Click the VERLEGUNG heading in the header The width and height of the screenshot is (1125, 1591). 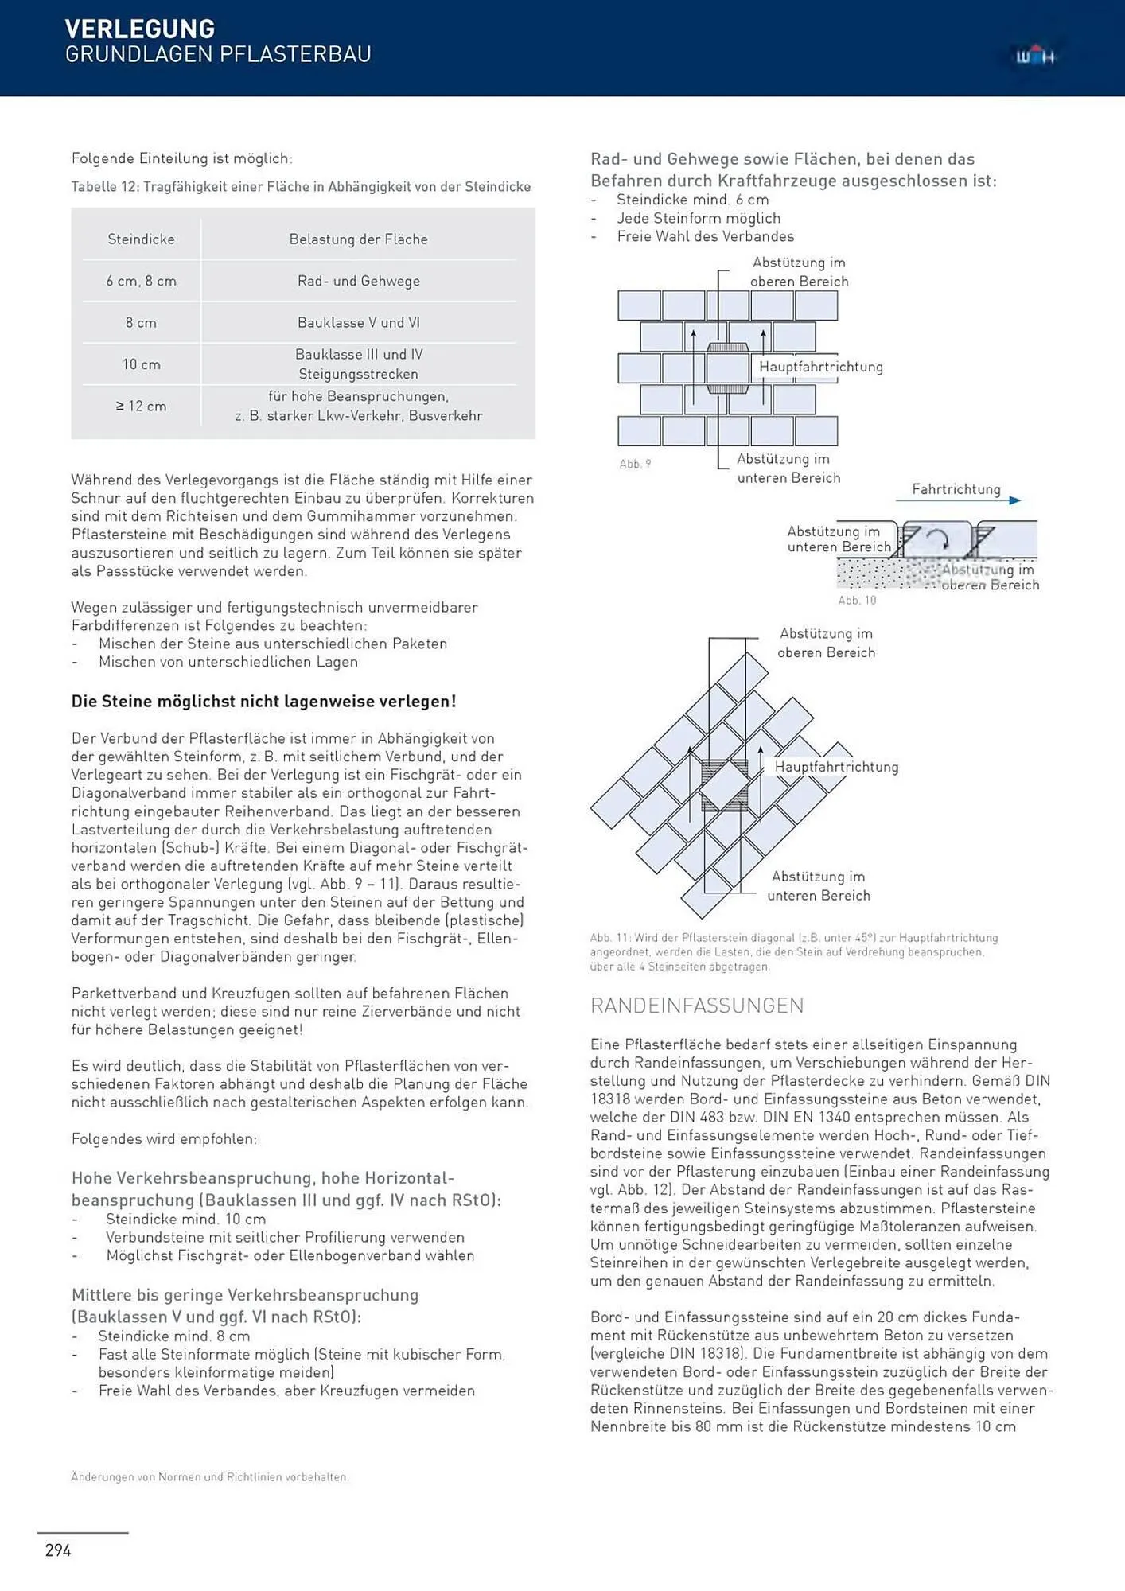tap(139, 29)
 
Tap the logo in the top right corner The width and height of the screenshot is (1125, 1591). tap(1034, 56)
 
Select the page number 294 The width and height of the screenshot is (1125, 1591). tap(58, 1550)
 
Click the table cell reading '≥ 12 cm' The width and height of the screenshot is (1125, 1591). tap(141, 406)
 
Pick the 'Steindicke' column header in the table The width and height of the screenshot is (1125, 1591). tap(141, 239)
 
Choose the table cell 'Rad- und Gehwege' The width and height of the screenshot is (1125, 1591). tap(358, 281)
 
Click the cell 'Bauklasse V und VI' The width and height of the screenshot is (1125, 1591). tap(358, 323)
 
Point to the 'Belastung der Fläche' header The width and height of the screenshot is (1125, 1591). tap(358, 239)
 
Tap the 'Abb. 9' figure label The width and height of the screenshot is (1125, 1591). tap(635, 464)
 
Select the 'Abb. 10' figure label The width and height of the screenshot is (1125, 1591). tap(856, 601)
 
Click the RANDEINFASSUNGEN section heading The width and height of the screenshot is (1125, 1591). tap(696, 1006)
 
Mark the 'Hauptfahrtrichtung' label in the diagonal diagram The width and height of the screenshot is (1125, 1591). tap(836, 767)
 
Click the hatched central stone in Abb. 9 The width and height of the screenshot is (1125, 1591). tap(727, 369)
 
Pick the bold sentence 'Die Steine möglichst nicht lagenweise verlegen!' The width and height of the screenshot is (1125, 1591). tap(263, 702)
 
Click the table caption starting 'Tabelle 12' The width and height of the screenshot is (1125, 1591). tap(301, 187)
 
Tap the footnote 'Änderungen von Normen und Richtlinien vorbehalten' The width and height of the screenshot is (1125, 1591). tap(209, 1477)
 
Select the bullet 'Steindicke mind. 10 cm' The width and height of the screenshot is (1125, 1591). tap(185, 1220)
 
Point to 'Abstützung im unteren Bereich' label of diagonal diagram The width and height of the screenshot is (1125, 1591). tap(818, 885)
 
